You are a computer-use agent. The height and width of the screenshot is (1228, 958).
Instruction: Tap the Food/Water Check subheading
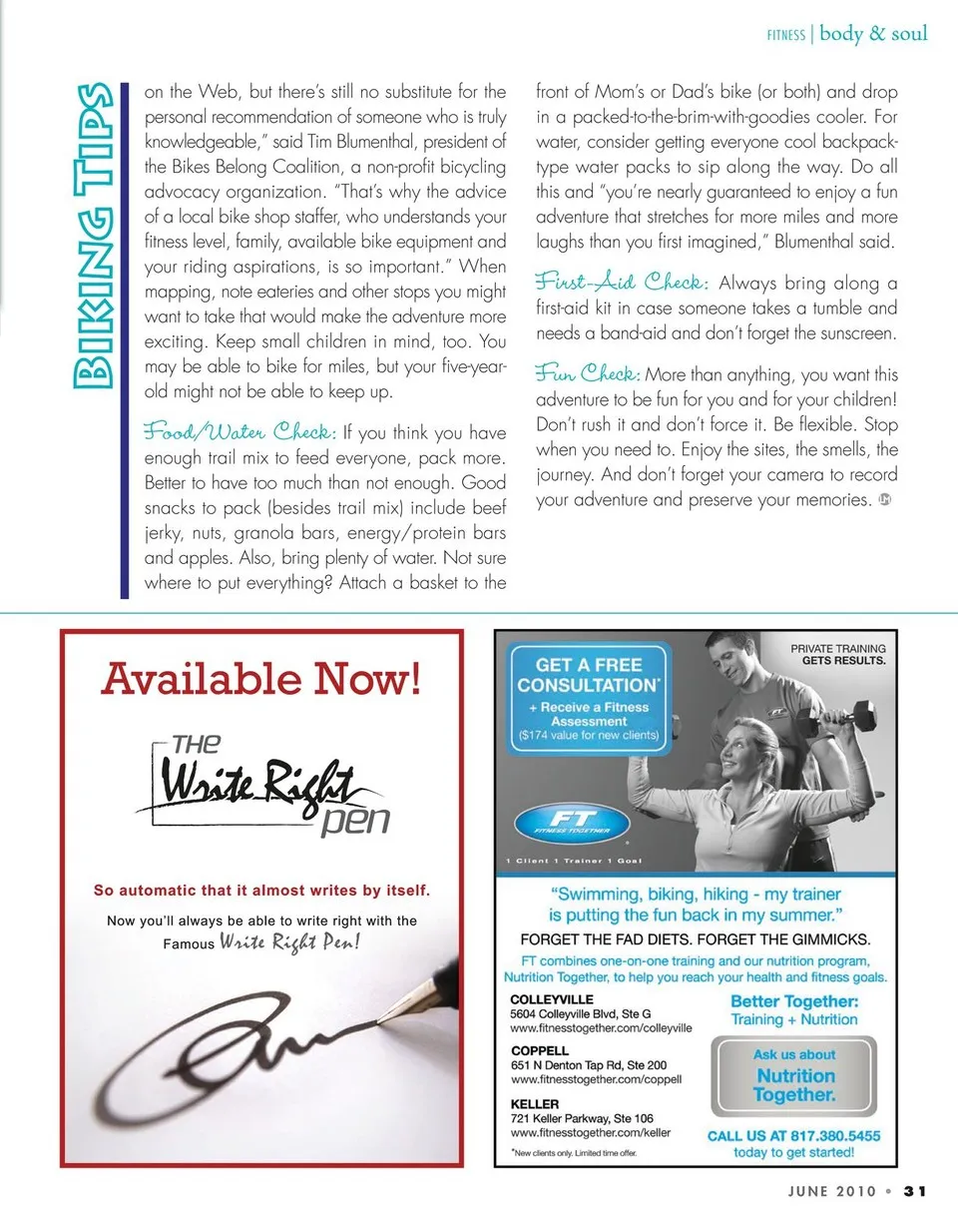(x=239, y=432)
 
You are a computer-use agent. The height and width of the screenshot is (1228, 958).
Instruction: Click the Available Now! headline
(x=261, y=680)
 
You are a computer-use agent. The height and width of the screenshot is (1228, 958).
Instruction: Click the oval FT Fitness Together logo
(x=571, y=824)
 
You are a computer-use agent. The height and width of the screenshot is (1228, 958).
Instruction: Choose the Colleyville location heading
(x=552, y=998)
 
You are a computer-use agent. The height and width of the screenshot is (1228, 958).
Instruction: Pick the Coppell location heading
(x=540, y=1051)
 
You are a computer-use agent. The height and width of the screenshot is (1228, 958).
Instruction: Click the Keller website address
(x=590, y=1133)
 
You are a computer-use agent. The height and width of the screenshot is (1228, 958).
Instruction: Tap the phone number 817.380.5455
(x=821, y=1136)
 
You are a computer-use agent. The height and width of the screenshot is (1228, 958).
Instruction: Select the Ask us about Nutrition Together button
(x=794, y=1075)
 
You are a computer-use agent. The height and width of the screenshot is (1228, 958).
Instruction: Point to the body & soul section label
(x=873, y=34)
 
